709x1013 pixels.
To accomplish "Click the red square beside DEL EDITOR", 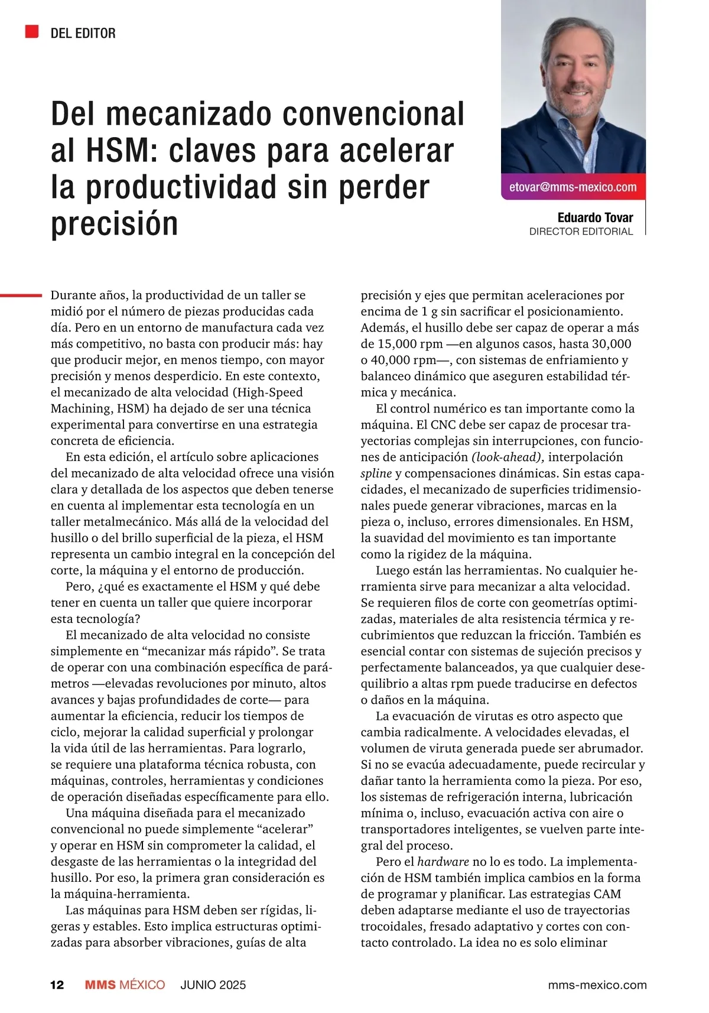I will pyautogui.click(x=32, y=31).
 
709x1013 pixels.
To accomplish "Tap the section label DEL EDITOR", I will pyautogui.click(x=83, y=33).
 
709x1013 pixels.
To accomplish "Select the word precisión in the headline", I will pyautogui.click(x=115, y=223).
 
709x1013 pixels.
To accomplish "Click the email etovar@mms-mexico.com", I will pyautogui.click(x=573, y=187).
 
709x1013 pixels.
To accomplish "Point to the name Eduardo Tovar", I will pyautogui.click(x=595, y=217).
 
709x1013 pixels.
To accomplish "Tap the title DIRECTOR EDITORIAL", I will pyautogui.click(x=581, y=232).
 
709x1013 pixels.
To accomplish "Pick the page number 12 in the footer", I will pyautogui.click(x=57, y=985).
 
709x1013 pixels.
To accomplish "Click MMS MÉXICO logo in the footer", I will pyautogui.click(x=125, y=985).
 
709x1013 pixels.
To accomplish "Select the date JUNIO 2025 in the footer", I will pyautogui.click(x=213, y=985).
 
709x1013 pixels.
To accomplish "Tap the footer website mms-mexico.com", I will pyautogui.click(x=597, y=985).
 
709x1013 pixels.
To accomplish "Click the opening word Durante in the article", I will pyautogui.click(x=74, y=295).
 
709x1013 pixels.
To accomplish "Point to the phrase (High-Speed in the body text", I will pyautogui.click(x=267, y=392).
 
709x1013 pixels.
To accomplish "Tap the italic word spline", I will pyautogui.click(x=376, y=473).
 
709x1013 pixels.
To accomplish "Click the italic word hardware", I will pyautogui.click(x=443, y=861).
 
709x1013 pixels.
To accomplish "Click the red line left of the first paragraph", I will pyautogui.click(x=21, y=294).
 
